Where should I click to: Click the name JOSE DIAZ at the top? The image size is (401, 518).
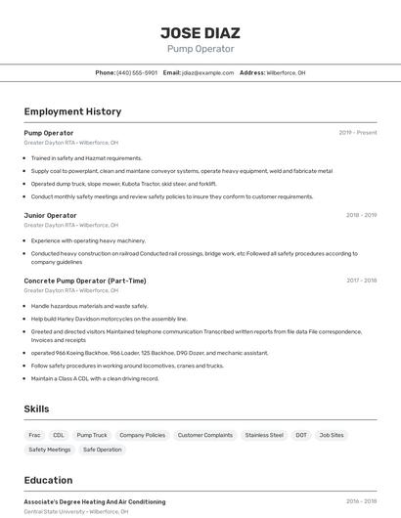point(200,32)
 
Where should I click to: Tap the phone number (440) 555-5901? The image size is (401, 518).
point(137,72)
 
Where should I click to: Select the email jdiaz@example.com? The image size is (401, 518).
point(207,72)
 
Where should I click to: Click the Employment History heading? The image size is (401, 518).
point(72,111)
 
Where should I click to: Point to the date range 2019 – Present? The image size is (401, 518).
point(357,133)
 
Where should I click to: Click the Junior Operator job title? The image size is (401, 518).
point(50,215)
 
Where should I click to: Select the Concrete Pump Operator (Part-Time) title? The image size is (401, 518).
point(85,281)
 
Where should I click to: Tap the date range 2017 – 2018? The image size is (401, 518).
point(361,281)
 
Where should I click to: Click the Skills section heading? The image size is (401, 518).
point(36,409)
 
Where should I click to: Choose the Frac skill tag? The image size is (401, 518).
point(34,435)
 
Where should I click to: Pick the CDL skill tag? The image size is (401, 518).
point(59,435)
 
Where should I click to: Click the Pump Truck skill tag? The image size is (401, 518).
point(92,435)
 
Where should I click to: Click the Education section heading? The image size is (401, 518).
point(48,480)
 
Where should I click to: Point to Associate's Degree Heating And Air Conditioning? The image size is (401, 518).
point(95,501)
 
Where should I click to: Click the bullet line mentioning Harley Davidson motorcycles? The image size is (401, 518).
point(109,319)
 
